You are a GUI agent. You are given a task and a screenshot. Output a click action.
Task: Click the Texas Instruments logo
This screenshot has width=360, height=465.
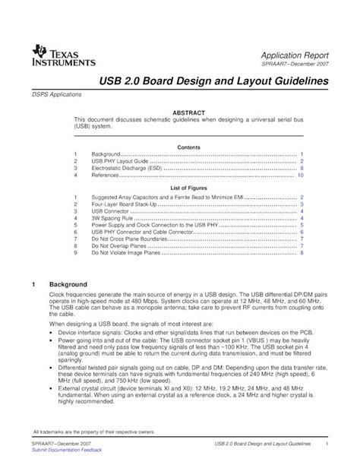click(x=64, y=55)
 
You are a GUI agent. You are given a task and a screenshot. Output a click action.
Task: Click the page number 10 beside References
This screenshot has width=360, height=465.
click(x=301, y=175)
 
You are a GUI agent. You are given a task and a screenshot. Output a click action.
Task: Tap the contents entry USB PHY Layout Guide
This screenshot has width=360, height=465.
click(x=120, y=161)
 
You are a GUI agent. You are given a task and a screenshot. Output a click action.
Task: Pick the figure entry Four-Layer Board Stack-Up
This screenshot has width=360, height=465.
click(x=125, y=204)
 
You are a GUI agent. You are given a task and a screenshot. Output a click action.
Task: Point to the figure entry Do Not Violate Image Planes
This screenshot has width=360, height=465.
click(x=126, y=252)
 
